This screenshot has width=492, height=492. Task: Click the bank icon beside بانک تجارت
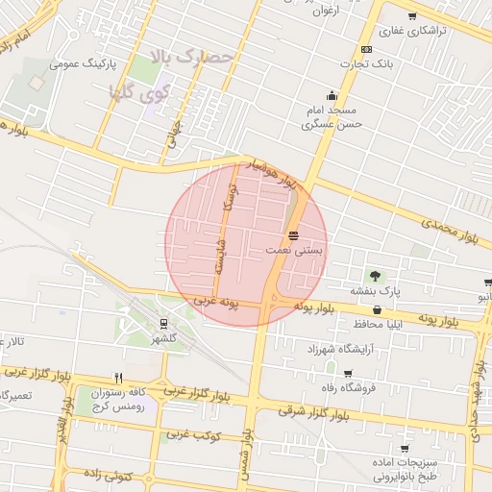pos(366,49)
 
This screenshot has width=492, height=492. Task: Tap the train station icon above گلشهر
pos(163,323)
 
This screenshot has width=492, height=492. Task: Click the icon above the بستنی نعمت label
pos(293,234)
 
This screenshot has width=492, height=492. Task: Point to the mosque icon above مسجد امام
pos(332,95)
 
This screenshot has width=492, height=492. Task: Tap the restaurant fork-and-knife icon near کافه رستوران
pos(119,378)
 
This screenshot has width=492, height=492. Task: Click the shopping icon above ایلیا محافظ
pos(376,309)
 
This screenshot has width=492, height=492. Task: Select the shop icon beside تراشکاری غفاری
pos(412,16)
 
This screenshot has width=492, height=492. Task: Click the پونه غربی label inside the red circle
pos(216,302)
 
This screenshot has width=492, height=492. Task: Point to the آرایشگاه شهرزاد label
pos(337,348)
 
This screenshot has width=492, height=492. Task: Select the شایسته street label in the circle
pos(220,259)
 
